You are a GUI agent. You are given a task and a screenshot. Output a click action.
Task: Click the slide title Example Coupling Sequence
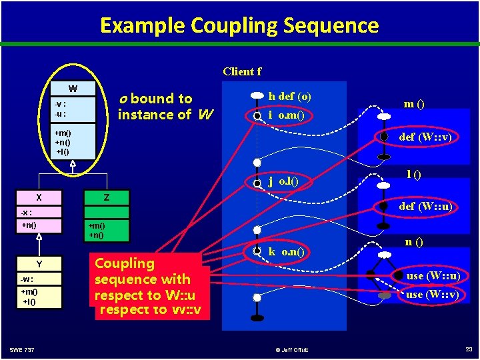(239, 25)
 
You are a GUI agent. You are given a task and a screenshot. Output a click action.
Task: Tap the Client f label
(242, 71)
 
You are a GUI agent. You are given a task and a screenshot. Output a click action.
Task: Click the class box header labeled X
(39, 197)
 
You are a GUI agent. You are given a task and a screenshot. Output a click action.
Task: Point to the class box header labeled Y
(39, 264)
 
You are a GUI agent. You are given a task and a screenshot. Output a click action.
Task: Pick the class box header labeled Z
(106, 197)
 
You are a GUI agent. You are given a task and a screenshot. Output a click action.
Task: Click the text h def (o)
(289, 96)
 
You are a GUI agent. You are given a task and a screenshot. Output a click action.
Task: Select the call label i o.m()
(287, 115)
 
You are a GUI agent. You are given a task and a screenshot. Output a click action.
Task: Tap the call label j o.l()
(283, 181)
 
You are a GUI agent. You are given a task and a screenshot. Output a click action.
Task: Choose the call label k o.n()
(286, 252)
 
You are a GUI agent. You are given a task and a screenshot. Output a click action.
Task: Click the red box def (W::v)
(425, 137)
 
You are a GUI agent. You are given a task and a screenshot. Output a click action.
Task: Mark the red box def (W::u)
(425, 206)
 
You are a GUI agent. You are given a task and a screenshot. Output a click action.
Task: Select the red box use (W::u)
(433, 275)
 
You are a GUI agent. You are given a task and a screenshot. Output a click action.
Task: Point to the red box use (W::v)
(433, 294)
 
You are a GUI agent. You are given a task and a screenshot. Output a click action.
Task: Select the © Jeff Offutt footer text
(293, 349)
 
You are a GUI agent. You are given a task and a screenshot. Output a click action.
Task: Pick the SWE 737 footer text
(23, 349)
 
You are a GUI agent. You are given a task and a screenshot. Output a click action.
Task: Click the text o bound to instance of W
(165, 107)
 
